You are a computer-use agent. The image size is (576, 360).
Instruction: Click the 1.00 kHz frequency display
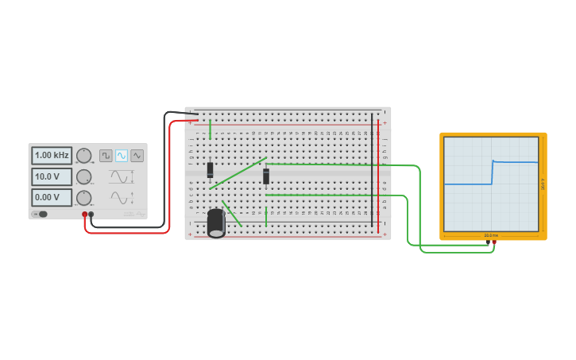click(x=52, y=156)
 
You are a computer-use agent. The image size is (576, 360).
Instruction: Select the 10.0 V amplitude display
click(x=52, y=176)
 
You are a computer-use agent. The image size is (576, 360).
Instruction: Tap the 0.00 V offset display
click(x=52, y=197)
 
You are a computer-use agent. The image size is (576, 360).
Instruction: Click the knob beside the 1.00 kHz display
click(x=83, y=156)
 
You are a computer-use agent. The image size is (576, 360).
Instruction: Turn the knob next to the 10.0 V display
click(x=83, y=176)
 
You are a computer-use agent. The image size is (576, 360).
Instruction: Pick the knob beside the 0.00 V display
click(x=83, y=197)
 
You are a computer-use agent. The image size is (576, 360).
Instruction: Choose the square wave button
click(x=106, y=156)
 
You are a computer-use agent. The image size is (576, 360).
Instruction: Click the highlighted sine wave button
click(x=122, y=156)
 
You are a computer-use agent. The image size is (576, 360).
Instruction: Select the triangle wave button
click(x=137, y=156)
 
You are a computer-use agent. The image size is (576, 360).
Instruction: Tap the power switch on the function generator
click(x=41, y=214)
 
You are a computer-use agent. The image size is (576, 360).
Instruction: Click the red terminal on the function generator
click(x=85, y=215)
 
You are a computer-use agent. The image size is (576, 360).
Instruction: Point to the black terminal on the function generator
click(x=91, y=215)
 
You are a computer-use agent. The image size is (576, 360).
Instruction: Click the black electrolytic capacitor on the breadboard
click(x=216, y=223)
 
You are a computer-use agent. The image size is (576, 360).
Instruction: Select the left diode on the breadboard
click(x=211, y=169)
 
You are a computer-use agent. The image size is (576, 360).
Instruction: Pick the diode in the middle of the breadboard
click(x=266, y=176)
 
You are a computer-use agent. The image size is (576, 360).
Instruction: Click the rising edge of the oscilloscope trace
click(x=492, y=172)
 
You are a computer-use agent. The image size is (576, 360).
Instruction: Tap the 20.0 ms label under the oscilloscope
click(x=491, y=235)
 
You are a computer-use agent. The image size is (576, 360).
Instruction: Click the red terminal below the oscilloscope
click(x=494, y=242)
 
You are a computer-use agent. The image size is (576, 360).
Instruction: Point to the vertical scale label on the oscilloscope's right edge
click(x=543, y=184)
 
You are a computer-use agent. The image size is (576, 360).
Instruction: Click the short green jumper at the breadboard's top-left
click(x=210, y=130)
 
